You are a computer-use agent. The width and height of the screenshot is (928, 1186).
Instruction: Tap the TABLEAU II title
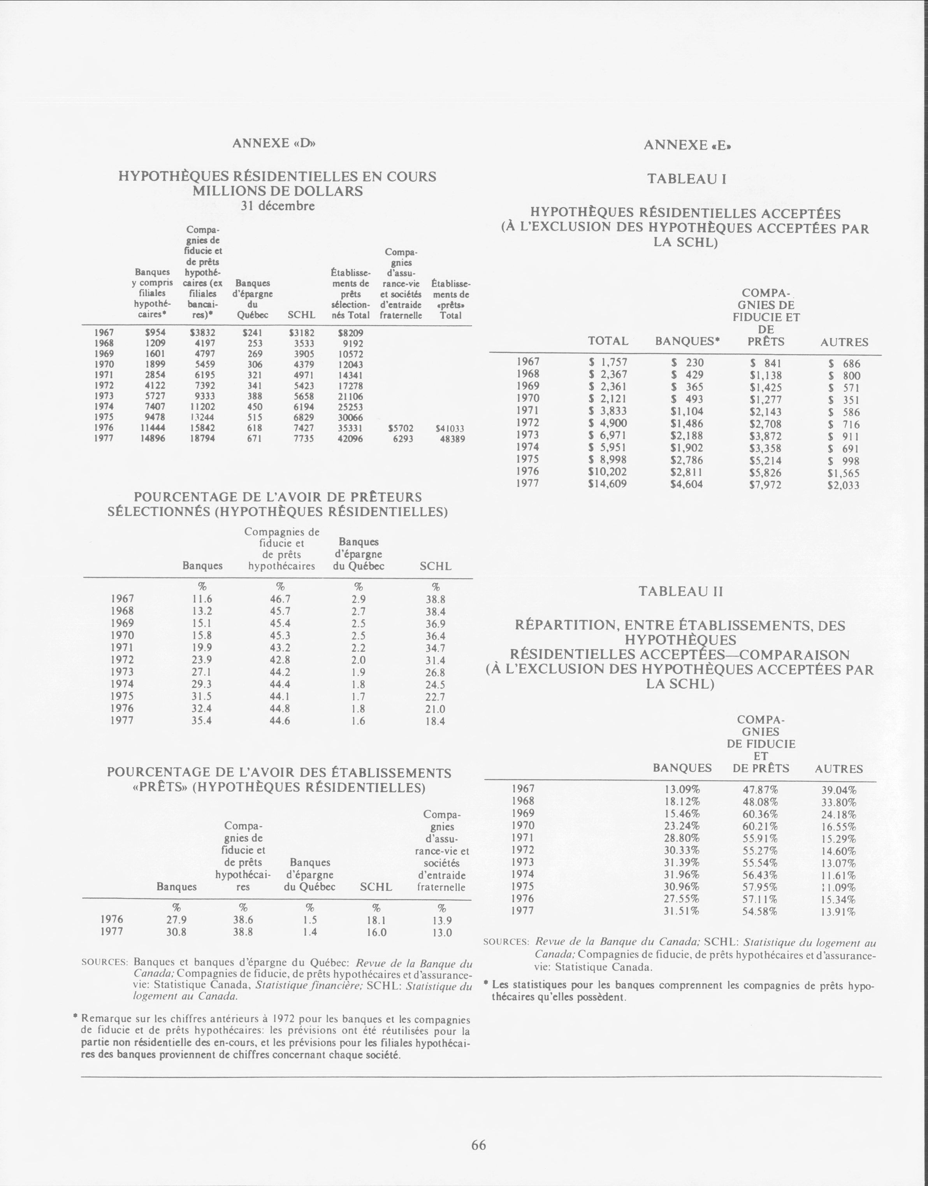click(x=680, y=591)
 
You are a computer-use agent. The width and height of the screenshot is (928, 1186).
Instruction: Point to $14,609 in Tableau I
click(x=607, y=483)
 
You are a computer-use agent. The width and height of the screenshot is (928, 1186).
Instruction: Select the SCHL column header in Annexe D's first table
click(x=302, y=315)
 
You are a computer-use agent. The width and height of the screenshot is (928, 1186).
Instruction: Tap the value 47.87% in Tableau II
click(x=760, y=789)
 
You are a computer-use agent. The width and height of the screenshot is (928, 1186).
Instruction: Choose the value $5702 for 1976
click(x=401, y=428)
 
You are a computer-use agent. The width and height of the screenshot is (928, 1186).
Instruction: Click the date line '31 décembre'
click(x=278, y=206)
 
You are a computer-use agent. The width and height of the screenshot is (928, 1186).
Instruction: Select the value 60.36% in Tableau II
click(x=760, y=814)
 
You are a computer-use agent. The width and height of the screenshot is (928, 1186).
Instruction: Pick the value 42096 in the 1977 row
click(x=350, y=439)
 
